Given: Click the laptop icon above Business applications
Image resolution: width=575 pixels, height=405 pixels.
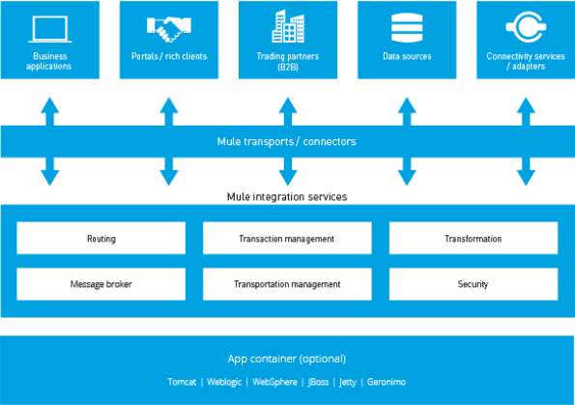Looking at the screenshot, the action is pyautogui.click(x=50, y=29).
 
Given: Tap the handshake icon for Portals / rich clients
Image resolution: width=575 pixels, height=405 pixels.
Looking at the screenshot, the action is pyautogui.click(x=169, y=29).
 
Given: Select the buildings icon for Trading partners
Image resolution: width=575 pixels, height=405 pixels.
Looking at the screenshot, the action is pyautogui.click(x=288, y=26).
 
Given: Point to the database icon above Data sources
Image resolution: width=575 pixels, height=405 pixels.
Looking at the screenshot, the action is pyautogui.click(x=407, y=27).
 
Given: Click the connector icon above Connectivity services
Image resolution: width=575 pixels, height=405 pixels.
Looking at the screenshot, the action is pyautogui.click(x=527, y=27).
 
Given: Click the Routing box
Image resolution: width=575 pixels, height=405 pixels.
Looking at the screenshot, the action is pyautogui.click(x=101, y=238).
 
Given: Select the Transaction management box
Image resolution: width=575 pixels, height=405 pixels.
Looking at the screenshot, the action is pyautogui.click(x=287, y=238).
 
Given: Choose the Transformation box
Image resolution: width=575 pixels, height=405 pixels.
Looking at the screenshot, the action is pyautogui.click(x=474, y=238).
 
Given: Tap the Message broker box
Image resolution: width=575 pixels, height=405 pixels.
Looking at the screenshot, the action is pyautogui.click(x=101, y=284).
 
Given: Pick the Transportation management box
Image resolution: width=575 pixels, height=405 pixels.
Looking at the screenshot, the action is pyautogui.click(x=287, y=284).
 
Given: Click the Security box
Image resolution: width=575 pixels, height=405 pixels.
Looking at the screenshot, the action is pyautogui.click(x=474, y=284).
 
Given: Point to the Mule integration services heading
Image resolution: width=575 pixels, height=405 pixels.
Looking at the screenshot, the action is pyautogui.click(x=287, y=197).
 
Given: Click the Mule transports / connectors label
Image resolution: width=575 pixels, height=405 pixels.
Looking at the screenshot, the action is pyautogui.click(x=286, y=141).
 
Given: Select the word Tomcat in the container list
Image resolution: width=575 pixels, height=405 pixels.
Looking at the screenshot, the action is pyautogui.click(x=182, y=382).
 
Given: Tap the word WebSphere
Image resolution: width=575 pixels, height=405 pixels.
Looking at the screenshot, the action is pyautogui.click(x=274, y=382).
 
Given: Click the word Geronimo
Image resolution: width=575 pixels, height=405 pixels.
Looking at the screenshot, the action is pyautogui.click(x=387, y=382).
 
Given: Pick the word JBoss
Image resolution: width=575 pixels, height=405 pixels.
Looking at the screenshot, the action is pyautogui.click(x=318, y=382).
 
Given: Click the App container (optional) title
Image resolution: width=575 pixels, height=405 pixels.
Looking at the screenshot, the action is pyautogui.click(x=287, y=359).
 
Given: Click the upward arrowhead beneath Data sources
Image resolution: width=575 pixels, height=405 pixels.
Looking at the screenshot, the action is pyautogui.click(x=407, y=105).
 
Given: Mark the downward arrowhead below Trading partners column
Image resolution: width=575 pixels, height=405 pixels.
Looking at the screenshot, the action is pyautogui.click(x=288, y=178).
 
